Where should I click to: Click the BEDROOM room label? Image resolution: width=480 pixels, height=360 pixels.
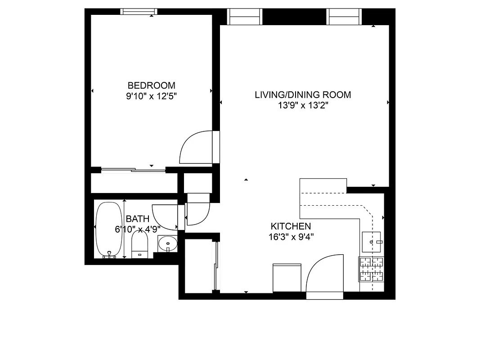click(151, 85)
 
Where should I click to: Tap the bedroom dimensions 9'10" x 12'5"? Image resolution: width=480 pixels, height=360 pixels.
click(151, 96)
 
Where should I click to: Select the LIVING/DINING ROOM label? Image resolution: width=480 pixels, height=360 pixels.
click(303, 95)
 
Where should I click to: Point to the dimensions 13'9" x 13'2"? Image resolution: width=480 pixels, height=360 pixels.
click(303, 106)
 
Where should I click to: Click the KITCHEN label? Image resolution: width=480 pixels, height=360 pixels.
click(291, 226)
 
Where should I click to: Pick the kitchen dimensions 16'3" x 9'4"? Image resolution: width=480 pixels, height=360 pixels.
click(291, 237)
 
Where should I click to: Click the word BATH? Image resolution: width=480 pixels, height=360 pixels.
click(138, 219)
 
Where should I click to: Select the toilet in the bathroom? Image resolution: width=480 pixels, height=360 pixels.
click(140, 247)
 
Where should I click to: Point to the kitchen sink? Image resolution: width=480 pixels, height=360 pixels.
click(372, 242)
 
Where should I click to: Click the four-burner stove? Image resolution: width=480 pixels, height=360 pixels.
click(371, 269)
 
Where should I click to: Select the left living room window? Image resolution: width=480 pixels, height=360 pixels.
click(246, 17)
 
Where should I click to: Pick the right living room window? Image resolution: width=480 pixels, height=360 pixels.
click(344, 17)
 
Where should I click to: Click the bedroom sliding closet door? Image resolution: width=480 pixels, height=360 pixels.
click(133, 170)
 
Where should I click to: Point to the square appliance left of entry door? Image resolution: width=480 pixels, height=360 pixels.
click(287, 278)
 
